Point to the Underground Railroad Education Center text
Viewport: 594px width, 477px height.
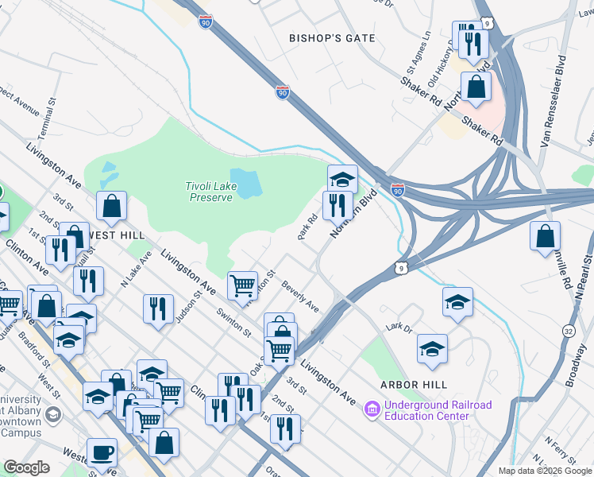438,410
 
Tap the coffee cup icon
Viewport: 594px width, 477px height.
102,453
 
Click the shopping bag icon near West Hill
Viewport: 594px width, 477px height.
112,207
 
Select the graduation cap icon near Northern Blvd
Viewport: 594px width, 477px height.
342,179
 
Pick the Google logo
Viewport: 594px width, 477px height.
26,467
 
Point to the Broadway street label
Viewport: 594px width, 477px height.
577,363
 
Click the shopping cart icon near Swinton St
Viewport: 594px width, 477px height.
242,284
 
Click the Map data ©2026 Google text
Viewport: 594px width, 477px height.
544,471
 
